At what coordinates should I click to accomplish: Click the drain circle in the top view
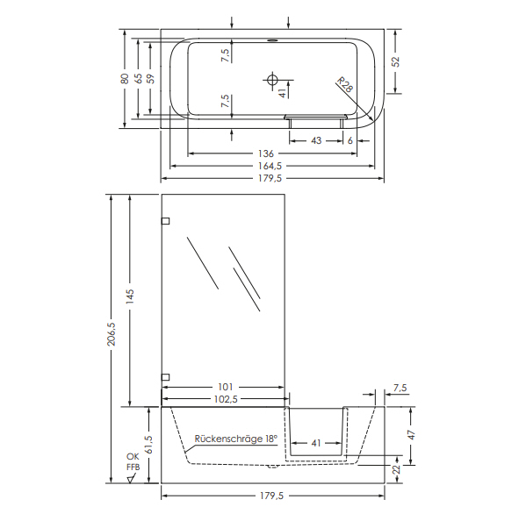pos(272,80)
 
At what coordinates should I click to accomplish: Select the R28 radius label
pos(345,84)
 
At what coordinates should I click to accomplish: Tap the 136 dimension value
pos(266,153)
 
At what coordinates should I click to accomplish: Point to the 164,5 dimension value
pos(270,166)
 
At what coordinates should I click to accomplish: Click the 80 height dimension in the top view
pos(125,78)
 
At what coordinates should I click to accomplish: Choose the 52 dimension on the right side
pos(396,61)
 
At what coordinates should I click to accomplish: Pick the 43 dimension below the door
pos(316,140)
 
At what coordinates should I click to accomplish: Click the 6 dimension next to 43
pos(350,140)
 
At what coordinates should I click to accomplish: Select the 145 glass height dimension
pos(130,296)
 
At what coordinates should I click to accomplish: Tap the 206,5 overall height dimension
pos(112,334)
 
